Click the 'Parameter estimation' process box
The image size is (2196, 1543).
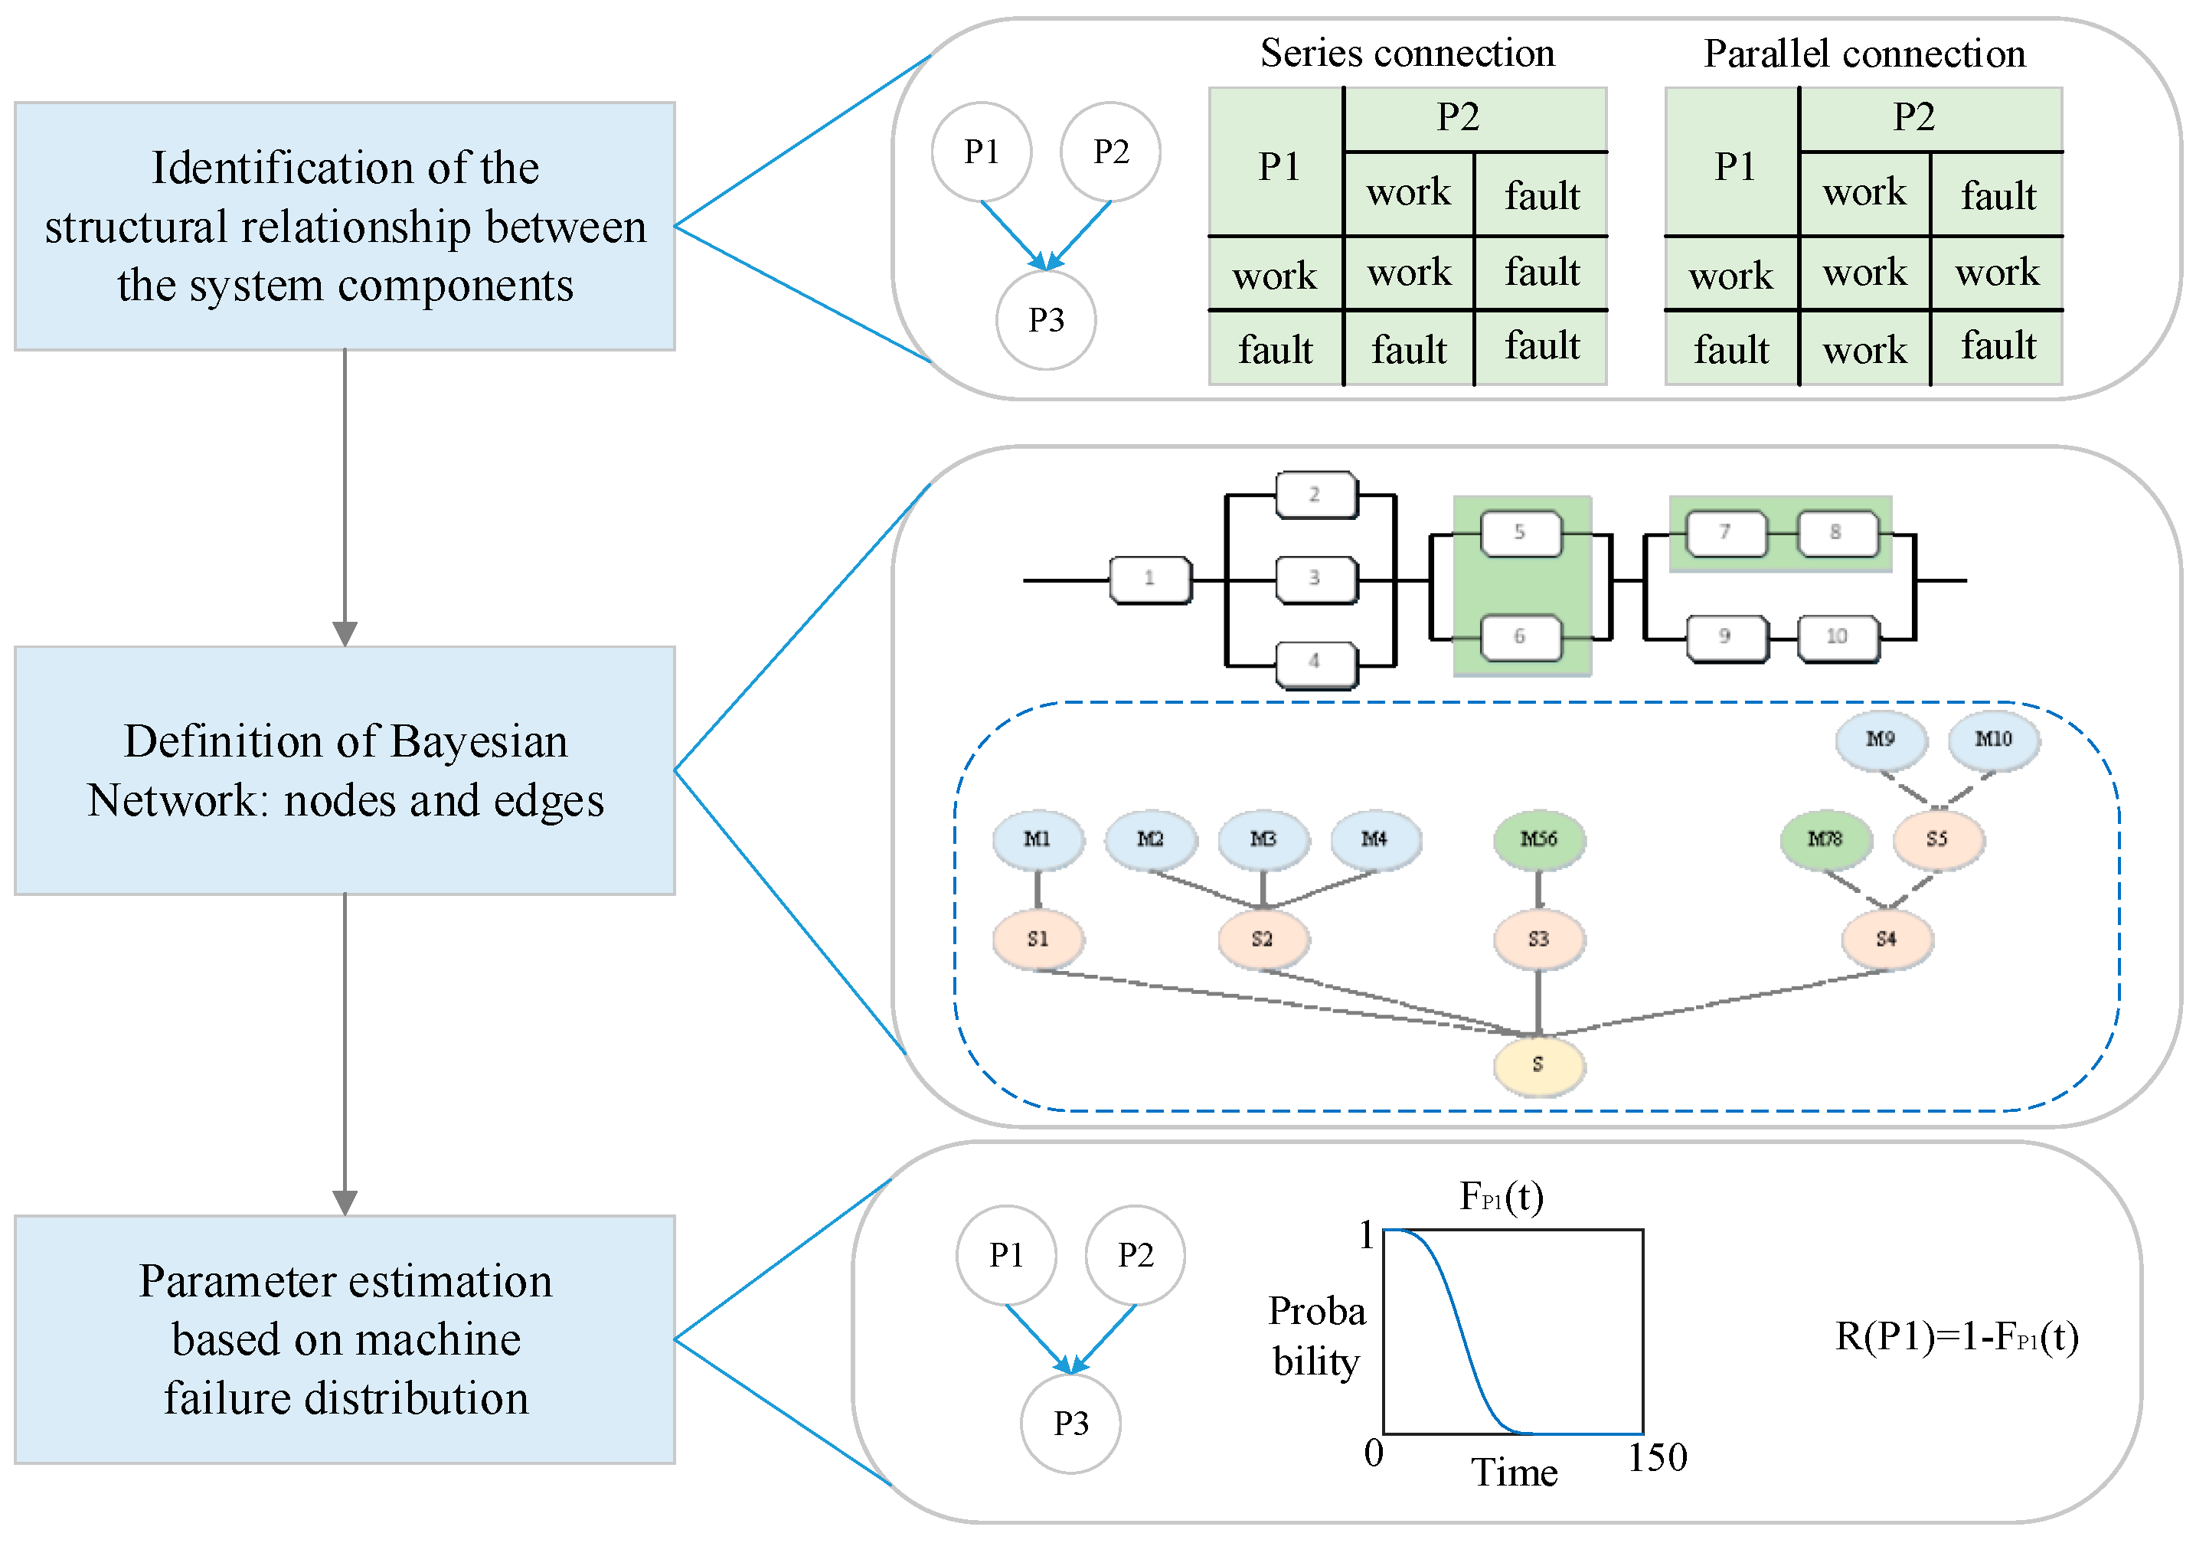(345, 1339)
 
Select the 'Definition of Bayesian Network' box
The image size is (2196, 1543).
(345, 770)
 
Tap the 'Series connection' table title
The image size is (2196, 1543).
(1407, 53)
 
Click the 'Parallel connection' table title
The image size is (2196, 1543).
(1864, 54)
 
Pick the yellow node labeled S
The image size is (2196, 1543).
(1538, 1064)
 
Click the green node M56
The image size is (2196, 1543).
(1538, 839)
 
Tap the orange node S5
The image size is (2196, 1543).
(1936, 839)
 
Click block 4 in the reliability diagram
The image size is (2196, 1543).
(1315, 662)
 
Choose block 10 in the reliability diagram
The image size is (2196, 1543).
(1838, 637)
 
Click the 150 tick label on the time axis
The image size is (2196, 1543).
(1658, 1458)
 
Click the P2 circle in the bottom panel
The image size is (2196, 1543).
(1136, 1255)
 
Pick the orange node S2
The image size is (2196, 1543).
(1263, 940)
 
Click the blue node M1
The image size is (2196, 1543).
(1038, 839)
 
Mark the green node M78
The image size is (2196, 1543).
(1825, 839)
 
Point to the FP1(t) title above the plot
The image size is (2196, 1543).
(1501, 1197)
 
